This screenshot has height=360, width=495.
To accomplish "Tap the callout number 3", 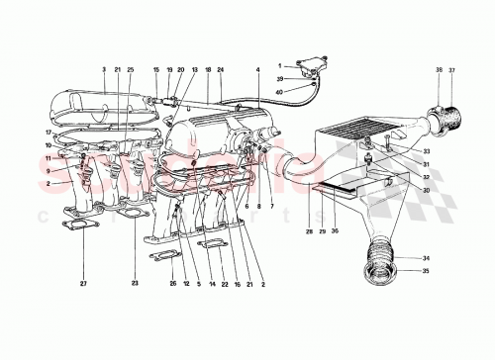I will (104, 70).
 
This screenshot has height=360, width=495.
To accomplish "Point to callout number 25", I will (130, 70).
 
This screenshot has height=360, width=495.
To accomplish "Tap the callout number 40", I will (279, 91).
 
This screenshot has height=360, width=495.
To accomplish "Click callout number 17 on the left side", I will (47, 133).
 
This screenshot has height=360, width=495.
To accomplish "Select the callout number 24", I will (220, 70).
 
